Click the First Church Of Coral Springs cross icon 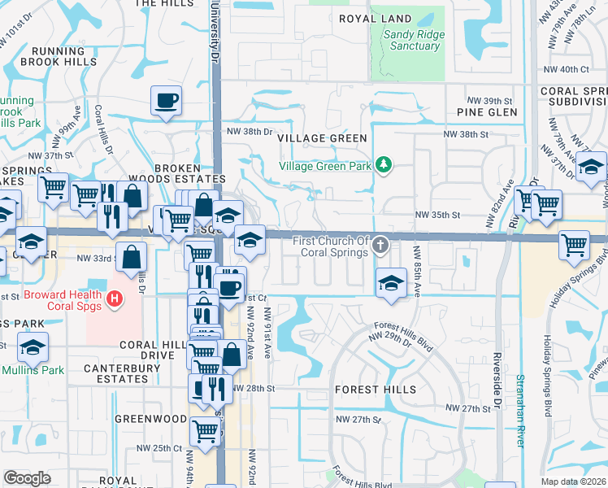point(380,245)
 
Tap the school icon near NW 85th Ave point(391,284)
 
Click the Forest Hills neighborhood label point(376,390)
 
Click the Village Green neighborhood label point(323,138)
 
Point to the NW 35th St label point(437,216)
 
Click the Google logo point(27,477)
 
